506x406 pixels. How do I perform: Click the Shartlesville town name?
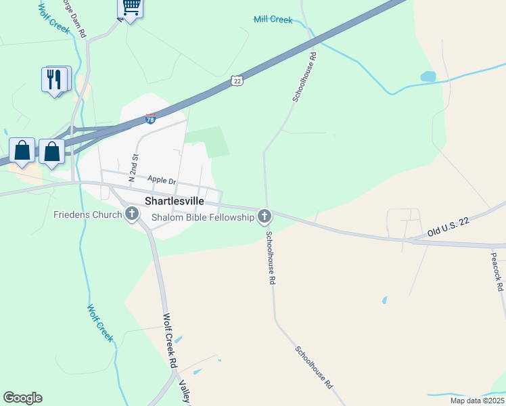(175, 201)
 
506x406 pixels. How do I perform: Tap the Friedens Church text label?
(88, 215)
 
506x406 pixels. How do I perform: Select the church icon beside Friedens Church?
(132, 215)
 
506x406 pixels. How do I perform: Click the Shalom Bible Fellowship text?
(202, 217)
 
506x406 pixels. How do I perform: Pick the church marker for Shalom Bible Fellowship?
(264, 217)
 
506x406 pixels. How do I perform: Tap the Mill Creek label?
(273, 20)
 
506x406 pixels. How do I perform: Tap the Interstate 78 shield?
(150, 119)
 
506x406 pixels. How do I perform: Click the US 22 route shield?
(236, 81)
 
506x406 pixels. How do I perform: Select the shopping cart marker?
(131, 8)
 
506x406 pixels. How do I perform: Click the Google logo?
(22, 398)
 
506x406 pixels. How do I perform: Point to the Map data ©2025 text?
(476, 401)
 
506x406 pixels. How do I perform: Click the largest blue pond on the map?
(428, 76)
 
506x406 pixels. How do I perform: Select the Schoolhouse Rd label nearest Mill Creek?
(304, 78)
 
